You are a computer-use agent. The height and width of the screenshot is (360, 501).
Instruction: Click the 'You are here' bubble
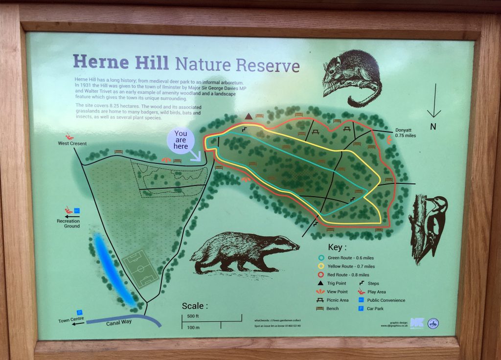181,139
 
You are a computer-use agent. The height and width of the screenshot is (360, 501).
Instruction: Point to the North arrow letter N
433,127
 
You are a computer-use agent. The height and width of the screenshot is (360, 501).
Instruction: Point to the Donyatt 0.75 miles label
405,133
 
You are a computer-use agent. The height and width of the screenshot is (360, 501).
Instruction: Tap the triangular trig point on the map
248,116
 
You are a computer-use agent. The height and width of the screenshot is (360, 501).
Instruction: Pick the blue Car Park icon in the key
361,308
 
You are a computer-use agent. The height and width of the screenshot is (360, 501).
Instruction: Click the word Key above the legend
337,247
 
